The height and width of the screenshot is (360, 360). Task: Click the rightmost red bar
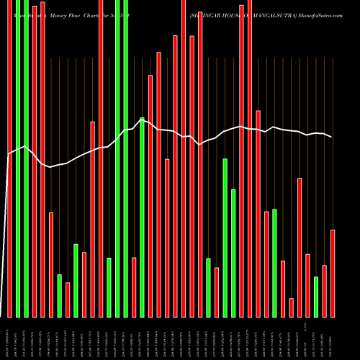pyautogui.click(x=333, y=274)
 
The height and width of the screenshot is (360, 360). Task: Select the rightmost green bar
pyautogui.click(x=316, y=297)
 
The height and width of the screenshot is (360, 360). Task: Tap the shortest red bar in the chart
pyautogui.click(x=292, y=307)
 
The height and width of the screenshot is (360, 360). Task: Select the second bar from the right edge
pyautogui.click(x=325, y=291)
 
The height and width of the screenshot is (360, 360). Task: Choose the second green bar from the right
pyautogui.click(x=275, y=263)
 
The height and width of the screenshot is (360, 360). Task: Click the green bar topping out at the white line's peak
pyautogui.click(x=142, y=217)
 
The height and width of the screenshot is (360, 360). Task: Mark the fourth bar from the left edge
pyautogui.click(x=35, y=158)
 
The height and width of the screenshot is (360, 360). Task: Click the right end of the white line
pyautogui.click(x=333, y=137)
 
